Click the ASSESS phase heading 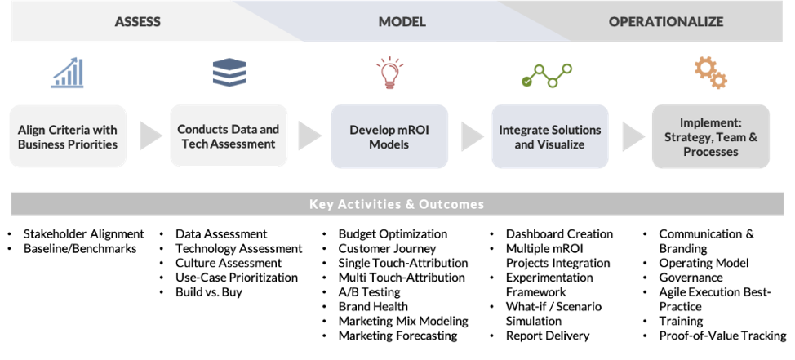pos(137,22)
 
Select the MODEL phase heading pos(402,22)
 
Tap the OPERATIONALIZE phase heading pos(665,22)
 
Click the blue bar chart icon pos(67,73)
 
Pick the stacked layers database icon pos(229,73)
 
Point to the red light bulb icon pos(389,73)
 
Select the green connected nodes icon pos(547,76)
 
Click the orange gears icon pos(710,73)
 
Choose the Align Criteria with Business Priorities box pos(68,137)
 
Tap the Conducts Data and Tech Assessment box pos(229,136)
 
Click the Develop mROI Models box pos(389,137)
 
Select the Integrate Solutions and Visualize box pos(549,137)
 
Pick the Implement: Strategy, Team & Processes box pos(710,137)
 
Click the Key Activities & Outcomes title pos(397,204)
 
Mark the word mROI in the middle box pos(413,130)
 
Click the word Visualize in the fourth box pos(561,145)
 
